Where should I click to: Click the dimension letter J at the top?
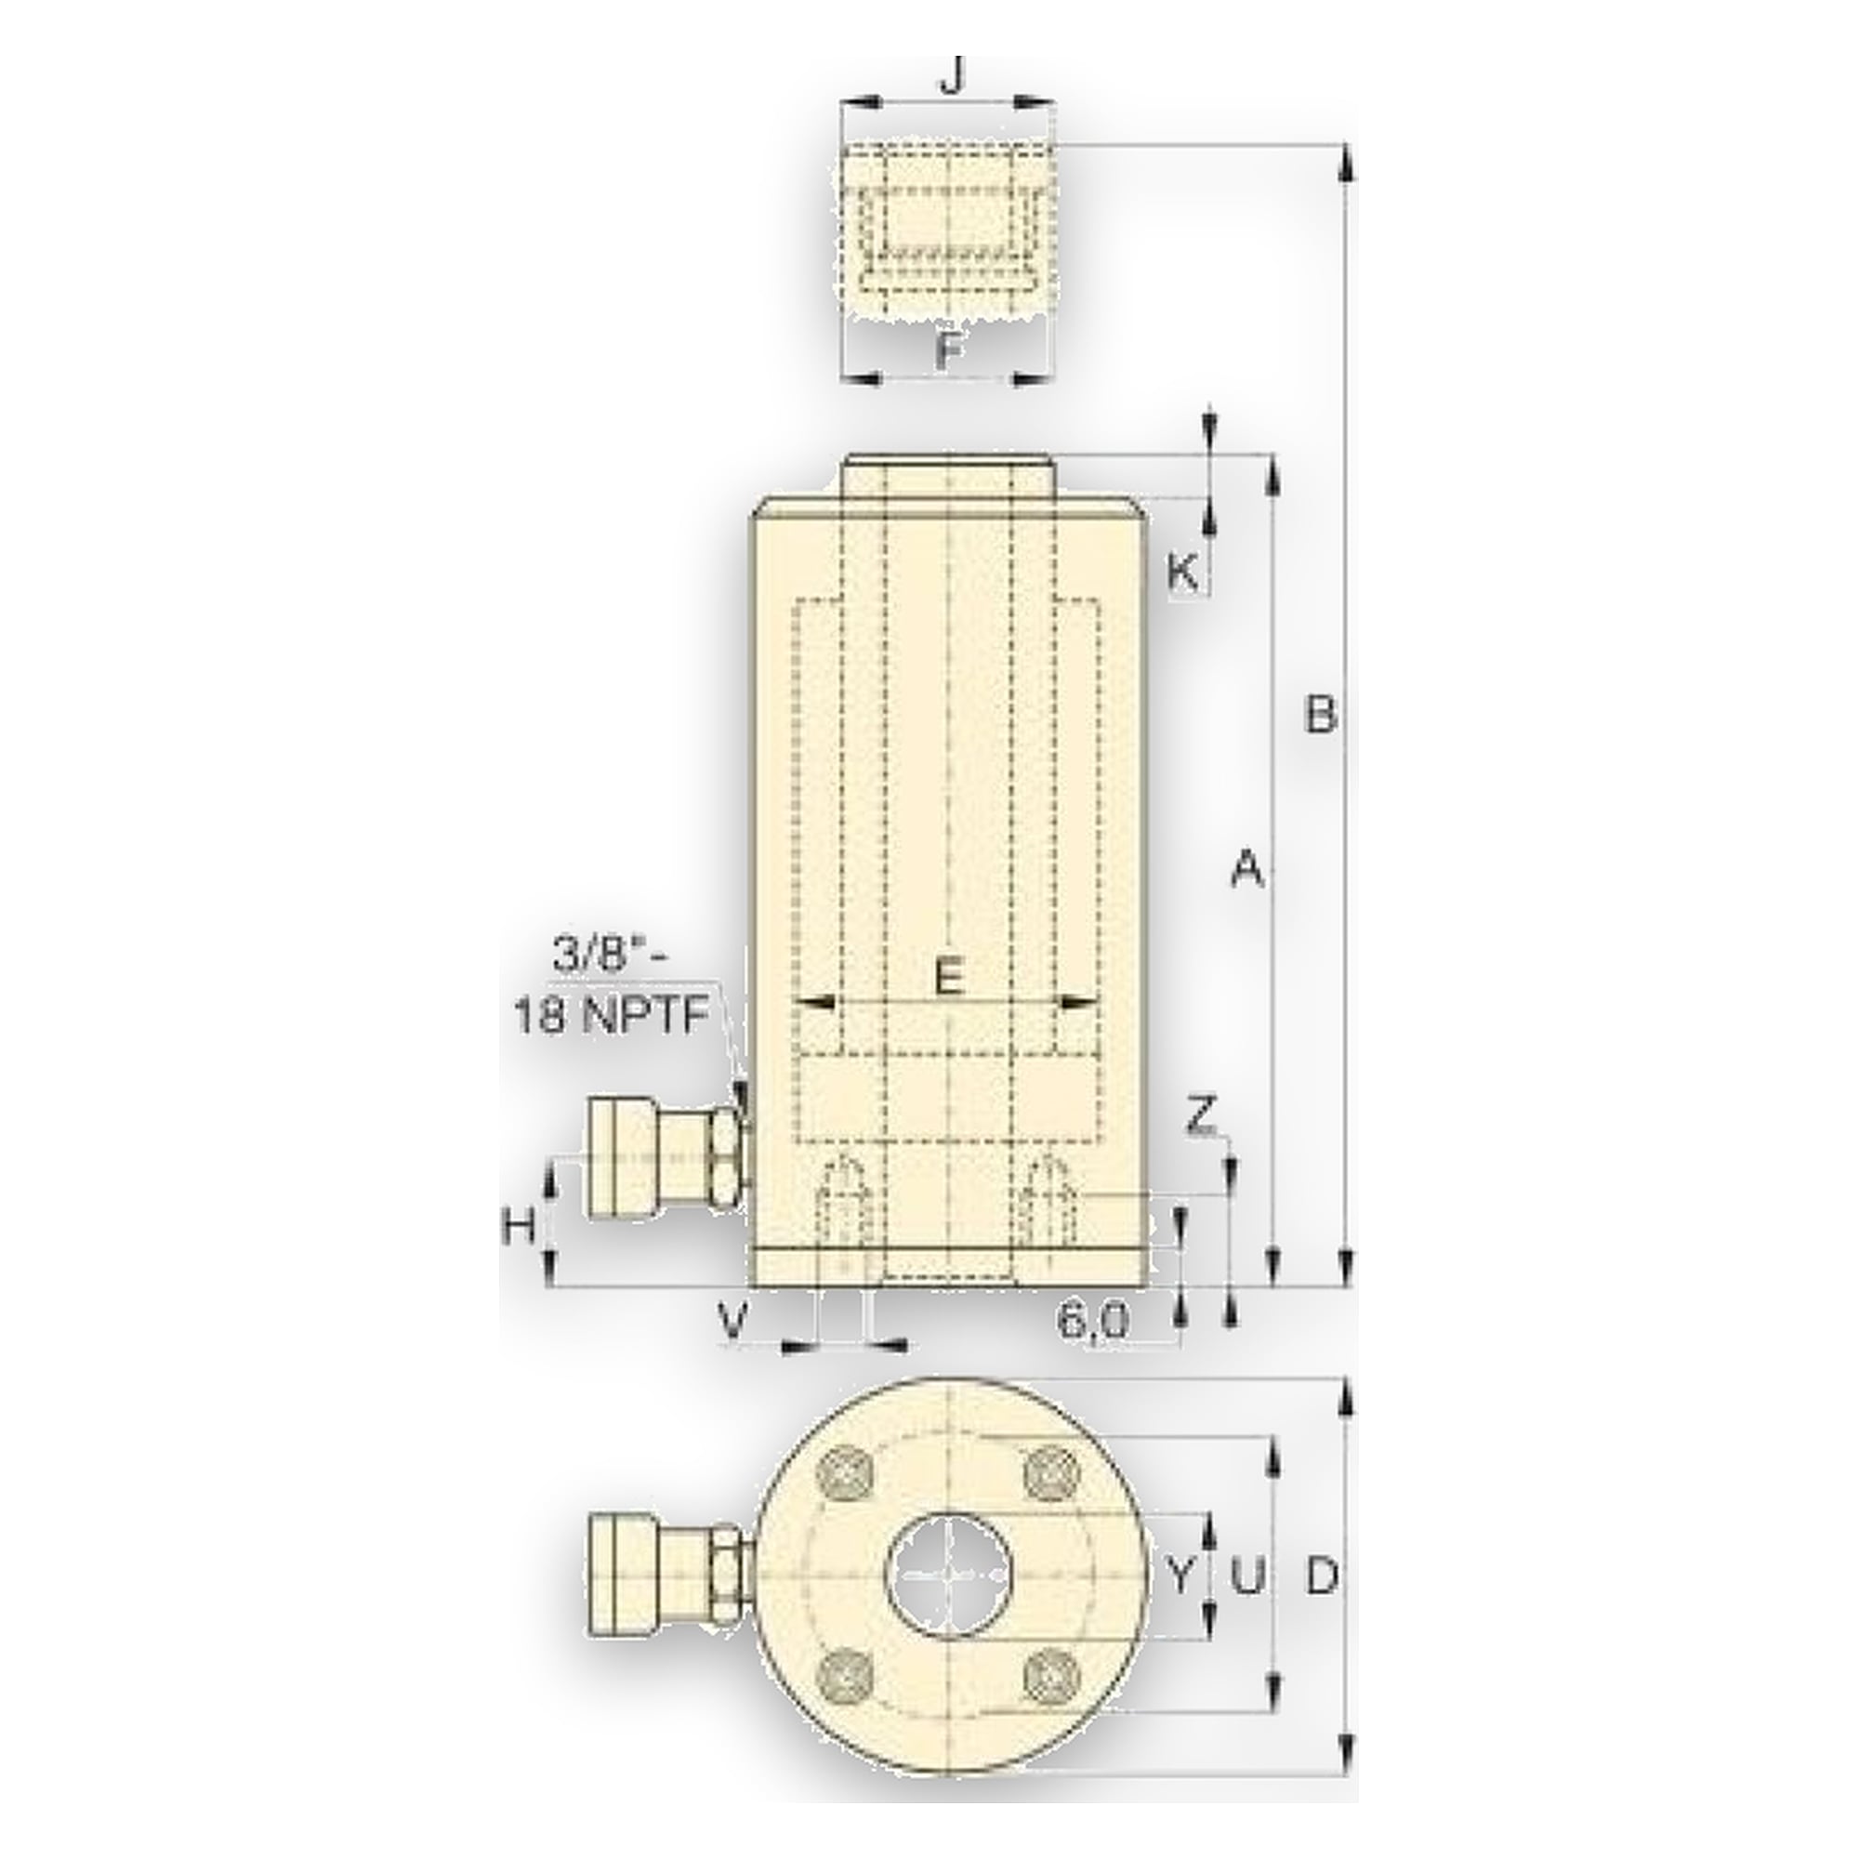click(x=952, y=77)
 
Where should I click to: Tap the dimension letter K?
click(x=1183, y=574)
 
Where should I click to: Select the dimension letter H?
click(x=521, y=1227)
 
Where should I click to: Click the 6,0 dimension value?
click(x=1093, y=1323)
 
